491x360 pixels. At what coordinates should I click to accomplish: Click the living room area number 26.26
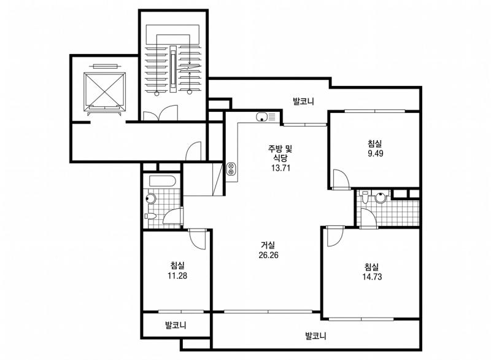point(268,255)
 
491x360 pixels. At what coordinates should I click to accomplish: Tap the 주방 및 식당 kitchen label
point(280,152)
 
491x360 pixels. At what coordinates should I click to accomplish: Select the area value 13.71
point(280,168)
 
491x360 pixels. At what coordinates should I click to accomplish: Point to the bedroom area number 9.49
point(376,154)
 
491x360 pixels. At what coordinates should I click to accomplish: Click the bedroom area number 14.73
point(372,276)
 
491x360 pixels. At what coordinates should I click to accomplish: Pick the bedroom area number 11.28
point(177,276)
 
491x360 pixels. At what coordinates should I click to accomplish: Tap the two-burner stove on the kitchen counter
point(231,169)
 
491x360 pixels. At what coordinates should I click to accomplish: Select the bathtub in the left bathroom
point(163,181)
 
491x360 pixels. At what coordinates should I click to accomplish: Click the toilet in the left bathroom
point(150,216)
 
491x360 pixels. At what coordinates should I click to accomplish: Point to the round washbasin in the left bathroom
point(150,198)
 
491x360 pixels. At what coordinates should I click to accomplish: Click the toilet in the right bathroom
point(364,197)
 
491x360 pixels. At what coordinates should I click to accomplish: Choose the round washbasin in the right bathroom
point(381,198)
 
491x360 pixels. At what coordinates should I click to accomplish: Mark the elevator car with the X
point(104,92)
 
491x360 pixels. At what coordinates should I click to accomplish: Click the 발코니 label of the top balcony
point(303,101)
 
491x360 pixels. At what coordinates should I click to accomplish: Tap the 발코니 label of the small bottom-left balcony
point(176,325)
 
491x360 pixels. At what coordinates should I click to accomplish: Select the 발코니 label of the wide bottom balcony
point(315,336)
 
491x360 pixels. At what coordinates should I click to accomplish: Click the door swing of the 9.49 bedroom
point(341,179)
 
